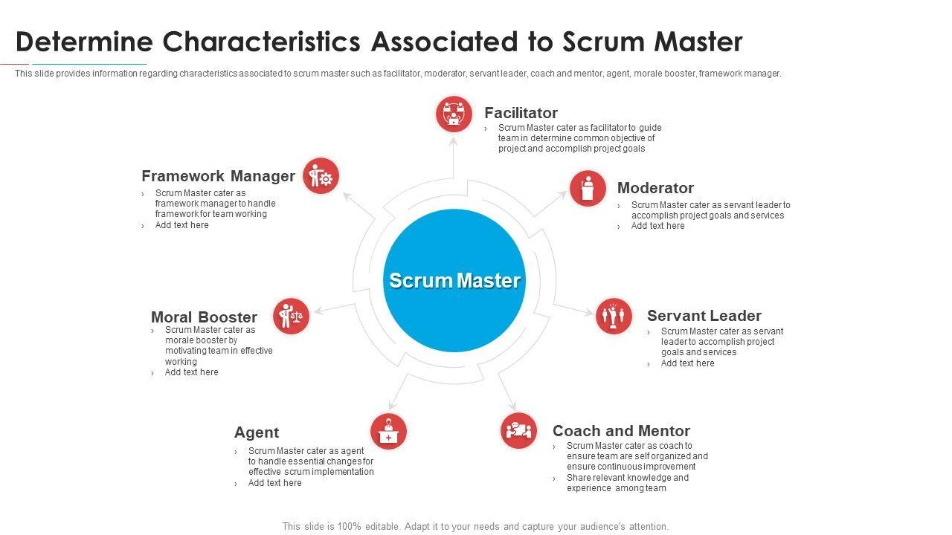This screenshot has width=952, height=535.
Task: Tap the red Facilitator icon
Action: coord(454,114)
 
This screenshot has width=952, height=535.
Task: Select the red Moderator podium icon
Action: coord(588,188)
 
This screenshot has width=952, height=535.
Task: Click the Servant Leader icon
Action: coord(614,317)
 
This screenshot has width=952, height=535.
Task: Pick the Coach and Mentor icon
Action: coord(518,430)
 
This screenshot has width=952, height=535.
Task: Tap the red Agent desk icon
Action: coord(388,432)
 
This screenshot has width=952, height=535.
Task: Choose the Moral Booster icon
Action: coord(291,317)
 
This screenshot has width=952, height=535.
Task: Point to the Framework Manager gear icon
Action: coord(321,176)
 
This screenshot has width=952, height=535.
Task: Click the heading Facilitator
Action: coord(521,113)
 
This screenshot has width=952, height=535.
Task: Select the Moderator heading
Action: coord(655,188)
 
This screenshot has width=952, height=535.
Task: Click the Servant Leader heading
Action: coord(704,316)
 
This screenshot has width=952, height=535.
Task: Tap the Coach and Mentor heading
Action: coord(621,431)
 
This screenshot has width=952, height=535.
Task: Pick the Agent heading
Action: coord(257,432)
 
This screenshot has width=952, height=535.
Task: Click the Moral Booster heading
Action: coord(204,317)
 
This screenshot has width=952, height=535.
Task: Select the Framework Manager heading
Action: coord(218,176)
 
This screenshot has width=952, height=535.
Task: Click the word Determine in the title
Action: coord(84,42)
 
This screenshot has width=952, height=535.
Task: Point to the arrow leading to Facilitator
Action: coord(454,156)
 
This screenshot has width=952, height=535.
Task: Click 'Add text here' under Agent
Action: coord(274,483)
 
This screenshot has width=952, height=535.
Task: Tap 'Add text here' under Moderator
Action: coord(657,226)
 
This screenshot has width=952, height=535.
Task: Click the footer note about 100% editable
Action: coord(475,526)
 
